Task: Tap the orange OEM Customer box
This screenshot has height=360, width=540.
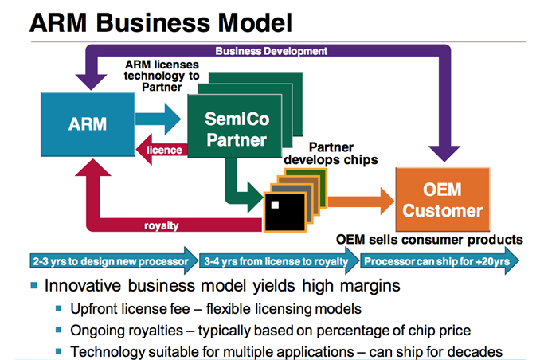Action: [x=452, y=201]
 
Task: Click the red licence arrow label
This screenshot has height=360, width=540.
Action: [x=165, y=150]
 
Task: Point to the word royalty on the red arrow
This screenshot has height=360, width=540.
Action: [x=162, y=225]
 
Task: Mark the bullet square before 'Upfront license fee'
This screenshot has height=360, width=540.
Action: [x=58, y=307]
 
